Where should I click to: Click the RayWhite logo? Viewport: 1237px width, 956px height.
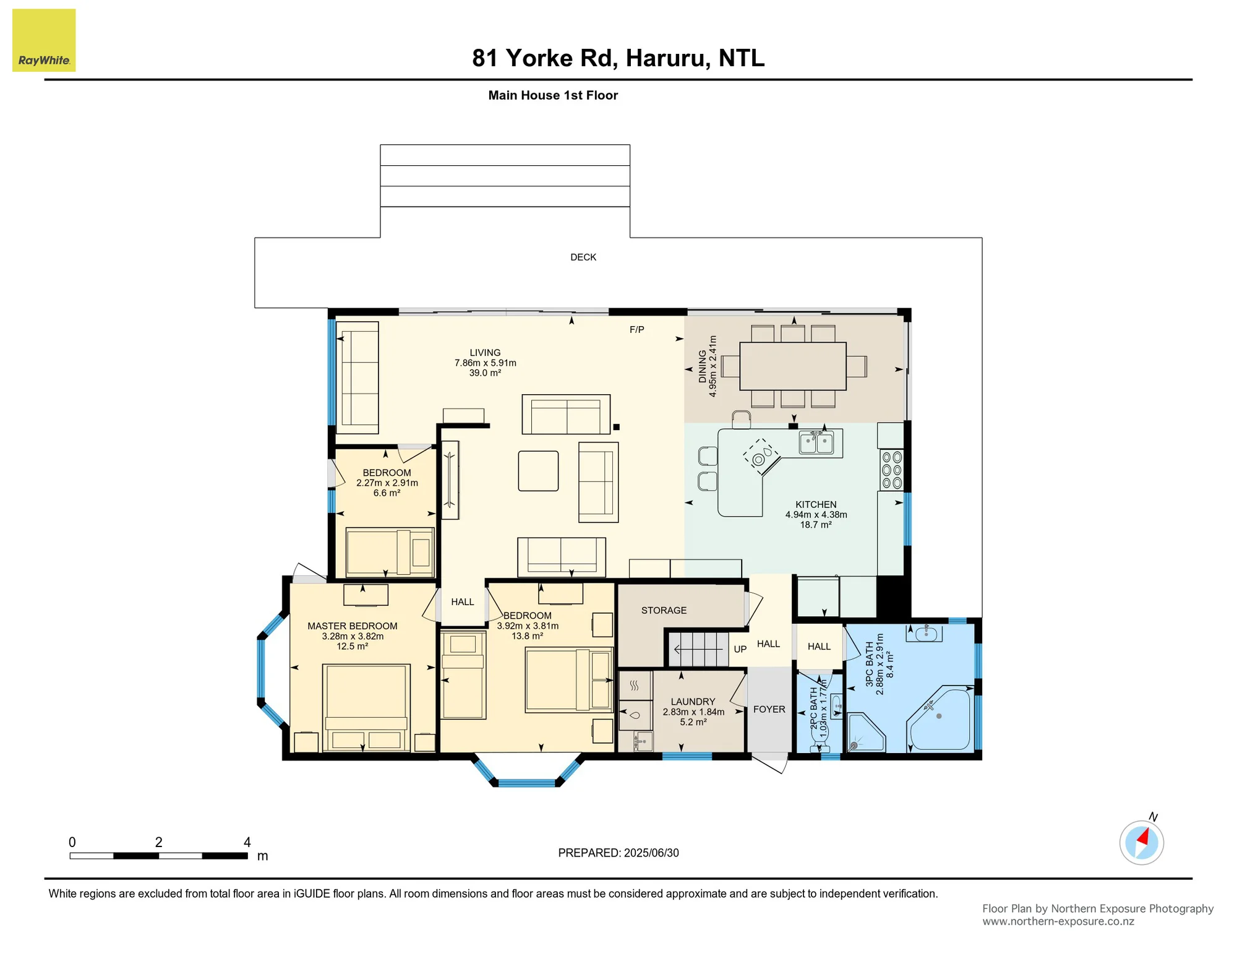(44, 40)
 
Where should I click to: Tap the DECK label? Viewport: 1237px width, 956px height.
(583, 257)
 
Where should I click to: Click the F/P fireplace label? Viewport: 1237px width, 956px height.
(637, 330)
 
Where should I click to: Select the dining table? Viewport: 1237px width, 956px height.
(793, 366)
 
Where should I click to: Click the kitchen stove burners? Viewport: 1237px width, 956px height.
(892, 470)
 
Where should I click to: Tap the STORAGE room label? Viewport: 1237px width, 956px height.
(664, 611)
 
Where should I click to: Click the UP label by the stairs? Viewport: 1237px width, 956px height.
(740, 649)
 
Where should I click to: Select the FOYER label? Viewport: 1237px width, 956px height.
(769, 710)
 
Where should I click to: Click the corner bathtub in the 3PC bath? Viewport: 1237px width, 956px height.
(940, 718)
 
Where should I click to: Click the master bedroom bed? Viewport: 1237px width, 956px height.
(366, 708)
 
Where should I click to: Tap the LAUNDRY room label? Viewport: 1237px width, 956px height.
(693, 702)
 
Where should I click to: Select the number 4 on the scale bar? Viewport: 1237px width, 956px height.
(247, 842)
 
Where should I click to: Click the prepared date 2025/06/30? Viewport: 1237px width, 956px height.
(651, 853)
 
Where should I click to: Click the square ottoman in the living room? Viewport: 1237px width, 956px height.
(538, 471)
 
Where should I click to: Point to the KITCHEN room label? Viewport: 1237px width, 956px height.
(816, 505)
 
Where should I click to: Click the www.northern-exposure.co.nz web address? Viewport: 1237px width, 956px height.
(1058, 921)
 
